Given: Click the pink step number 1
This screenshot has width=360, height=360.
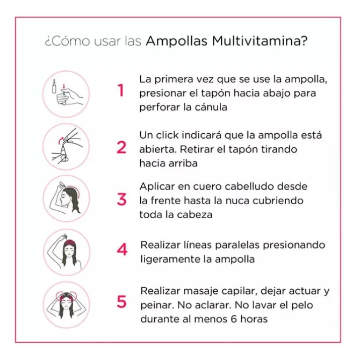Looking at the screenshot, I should tap(121, 91).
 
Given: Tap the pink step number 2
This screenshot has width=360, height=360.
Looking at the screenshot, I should tap(121, 147).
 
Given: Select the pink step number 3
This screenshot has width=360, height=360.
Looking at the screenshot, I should tap(121, 199).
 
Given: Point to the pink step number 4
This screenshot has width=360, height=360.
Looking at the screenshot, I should tap(122, 250).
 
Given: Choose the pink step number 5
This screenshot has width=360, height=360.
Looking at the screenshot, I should tap(122, 302).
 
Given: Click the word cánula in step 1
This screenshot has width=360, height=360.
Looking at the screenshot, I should tap(210, 107).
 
